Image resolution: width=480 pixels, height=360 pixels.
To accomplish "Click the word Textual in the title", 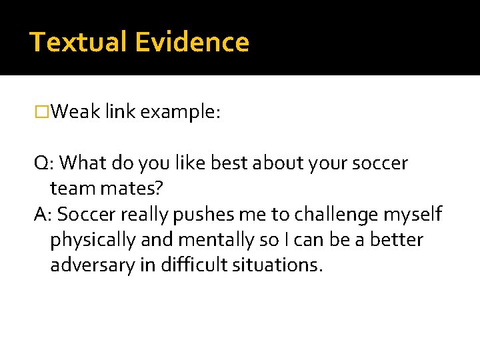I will [x=79, y=43].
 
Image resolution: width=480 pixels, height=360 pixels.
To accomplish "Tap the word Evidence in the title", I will [x=191, y=43].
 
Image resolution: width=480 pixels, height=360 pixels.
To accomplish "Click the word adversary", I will [x=93, y=265].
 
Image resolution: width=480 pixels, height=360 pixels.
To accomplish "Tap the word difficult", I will [x=196, y=265].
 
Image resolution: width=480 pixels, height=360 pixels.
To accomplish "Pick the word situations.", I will [x=279, y=265].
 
